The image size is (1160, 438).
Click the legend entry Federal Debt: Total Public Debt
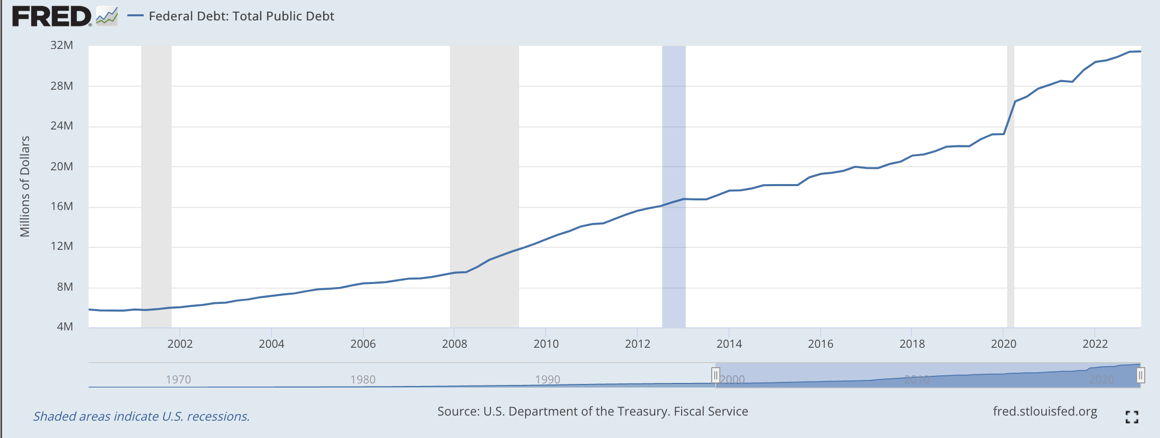coord(241,16)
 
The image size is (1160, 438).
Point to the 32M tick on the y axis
coord(62,45)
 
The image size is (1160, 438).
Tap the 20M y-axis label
coord(62,167)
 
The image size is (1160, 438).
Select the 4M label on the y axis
coord(65,327)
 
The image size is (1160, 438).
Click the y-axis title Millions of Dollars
coord(24,187)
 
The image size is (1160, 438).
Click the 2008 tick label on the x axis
coord(454,344)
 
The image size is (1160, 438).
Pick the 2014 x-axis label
coord(729,344)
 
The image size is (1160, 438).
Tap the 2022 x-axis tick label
coord(1095,344)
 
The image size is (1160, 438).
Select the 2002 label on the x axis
coord(180,344)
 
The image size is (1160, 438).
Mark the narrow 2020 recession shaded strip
coord(1010,204)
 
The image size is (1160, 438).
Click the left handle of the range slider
coord(715,376)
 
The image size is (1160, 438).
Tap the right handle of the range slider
coord(1140,376)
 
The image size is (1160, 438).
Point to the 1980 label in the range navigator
coord(363,379)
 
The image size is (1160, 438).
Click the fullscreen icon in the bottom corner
coord(1131,417)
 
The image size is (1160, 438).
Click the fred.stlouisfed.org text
coord(1044,411)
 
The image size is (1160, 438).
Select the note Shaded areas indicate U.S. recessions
coord(141,417)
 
